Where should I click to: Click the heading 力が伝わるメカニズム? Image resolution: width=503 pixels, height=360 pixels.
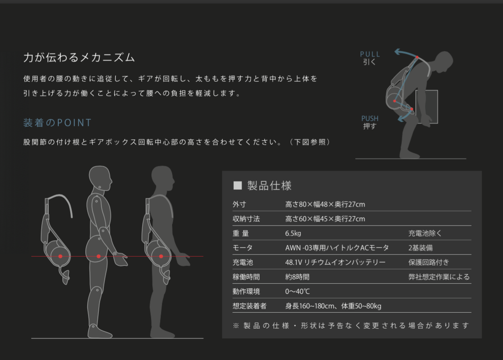click(x=79, y=58)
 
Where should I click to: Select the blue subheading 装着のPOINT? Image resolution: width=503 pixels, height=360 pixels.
click(x=57, y=123)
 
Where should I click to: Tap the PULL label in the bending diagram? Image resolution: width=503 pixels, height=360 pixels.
click(x=370, y=54)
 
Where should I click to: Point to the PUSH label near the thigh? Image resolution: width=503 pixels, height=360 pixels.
click(x=370, y=118)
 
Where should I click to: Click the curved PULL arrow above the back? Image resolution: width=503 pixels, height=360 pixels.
click(x=406, y=53)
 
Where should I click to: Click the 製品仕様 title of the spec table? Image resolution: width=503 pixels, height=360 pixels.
click(x=269, y=186)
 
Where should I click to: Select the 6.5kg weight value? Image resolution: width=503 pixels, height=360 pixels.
click(x=293, y=233)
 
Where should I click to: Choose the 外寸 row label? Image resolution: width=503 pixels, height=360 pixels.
click(x=239, y=204)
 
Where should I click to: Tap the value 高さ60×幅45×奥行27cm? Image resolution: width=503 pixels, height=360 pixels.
click(x=325, y=219)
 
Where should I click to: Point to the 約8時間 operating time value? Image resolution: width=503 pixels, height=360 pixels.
click(x=297, y=277)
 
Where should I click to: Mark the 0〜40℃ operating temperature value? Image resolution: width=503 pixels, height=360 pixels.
click(x=298, y=292)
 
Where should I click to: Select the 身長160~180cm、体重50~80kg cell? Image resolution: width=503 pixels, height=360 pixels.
click(x=333, y=306)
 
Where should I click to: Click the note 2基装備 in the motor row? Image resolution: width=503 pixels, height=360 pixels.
click(x=420, y=248)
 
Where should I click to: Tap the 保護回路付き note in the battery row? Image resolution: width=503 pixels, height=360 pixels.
click(x=429, y=263)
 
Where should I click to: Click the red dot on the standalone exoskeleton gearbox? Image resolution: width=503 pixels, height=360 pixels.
click(x=60, y=256)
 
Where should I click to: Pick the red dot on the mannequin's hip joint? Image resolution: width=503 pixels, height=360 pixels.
click(x=99, y=256)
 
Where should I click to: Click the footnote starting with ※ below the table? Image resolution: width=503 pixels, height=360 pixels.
click(x=351, y=326)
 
